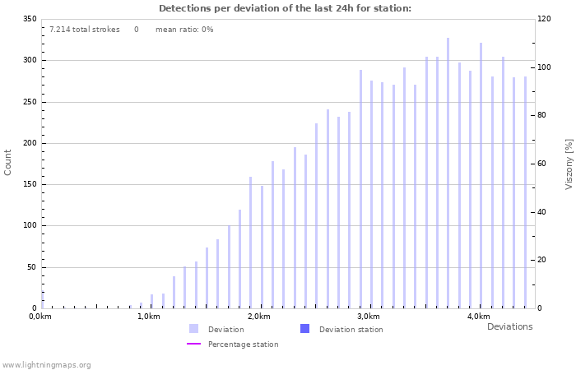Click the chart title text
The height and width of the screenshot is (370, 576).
coord(285,8)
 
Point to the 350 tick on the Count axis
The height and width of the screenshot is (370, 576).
coord(29,19)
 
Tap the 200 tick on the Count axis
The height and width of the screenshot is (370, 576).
coord(29,143)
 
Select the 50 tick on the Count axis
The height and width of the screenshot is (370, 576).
coord(31,267)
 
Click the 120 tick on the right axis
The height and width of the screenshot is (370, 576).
coord(544,19)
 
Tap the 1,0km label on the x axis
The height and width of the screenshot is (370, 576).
coord(148,317)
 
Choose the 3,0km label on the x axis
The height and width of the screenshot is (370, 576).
coord(369,317)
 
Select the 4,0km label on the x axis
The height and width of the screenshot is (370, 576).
coord(478,317)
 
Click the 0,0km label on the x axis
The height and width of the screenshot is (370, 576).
coord(40,317)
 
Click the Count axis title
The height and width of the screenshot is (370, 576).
coord(8,162)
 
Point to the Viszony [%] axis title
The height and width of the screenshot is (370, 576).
coord(569,164)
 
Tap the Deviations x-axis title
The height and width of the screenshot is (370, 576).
coord(509,326)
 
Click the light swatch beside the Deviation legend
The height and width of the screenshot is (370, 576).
coord(193,329)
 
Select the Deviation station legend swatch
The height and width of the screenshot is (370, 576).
coord(304,329)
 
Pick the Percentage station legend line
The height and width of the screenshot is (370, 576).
coord(193,344)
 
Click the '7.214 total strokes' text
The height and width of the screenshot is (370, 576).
coord(84,30)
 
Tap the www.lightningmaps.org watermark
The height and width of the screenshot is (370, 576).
coord(47,364)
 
